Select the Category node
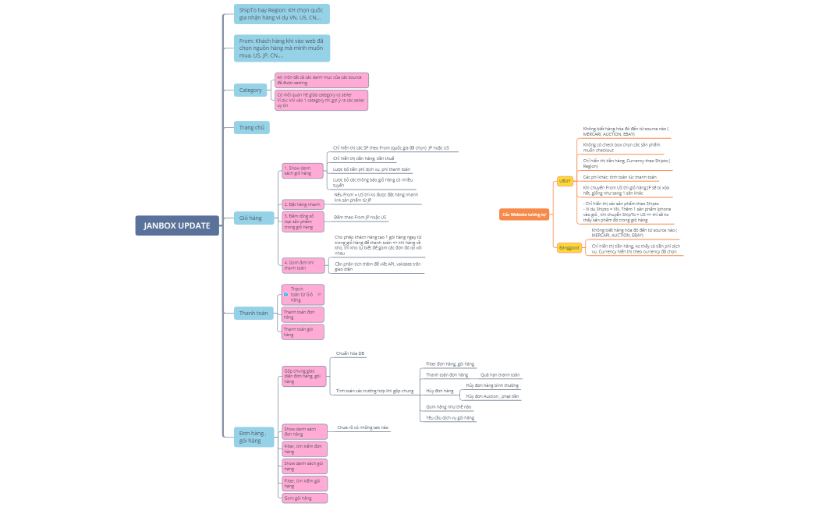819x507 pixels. (x=250, y=90)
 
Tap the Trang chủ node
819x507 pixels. (x=251, y=127)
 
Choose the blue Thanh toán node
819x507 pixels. (x=253, y=313)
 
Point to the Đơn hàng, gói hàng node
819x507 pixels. (x=253, y=437)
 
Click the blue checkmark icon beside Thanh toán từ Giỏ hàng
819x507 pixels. (x=286, y=295)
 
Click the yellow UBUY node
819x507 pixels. (x=565, y=181)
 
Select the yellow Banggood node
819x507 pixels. (x=569, y=248)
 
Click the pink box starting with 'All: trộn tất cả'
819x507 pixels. (x=321, y=80)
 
